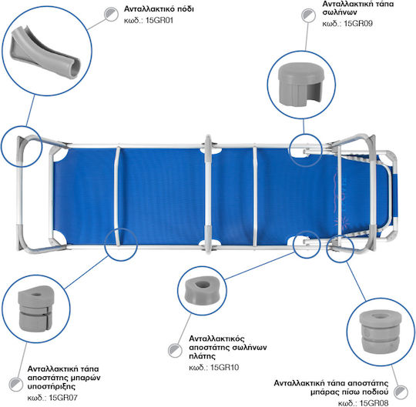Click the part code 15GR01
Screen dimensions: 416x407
[159, 21]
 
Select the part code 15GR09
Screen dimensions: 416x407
[358, 23]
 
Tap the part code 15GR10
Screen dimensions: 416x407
[225, 367]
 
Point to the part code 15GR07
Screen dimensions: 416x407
[63, 398]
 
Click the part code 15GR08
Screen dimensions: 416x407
[374, 403]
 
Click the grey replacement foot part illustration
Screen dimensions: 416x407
[45, 52]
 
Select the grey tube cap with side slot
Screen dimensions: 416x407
[301, 84]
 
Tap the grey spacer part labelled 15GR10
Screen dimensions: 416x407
[202, 291]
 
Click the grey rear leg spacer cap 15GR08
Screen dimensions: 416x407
[381, 332]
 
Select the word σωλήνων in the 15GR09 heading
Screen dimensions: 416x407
[340, 12]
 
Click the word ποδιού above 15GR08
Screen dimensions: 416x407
[376, 392]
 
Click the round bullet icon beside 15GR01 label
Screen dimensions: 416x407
[111, 14]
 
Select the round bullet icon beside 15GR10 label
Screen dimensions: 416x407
[175, 350]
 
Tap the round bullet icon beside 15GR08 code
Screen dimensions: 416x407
[401, 392]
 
